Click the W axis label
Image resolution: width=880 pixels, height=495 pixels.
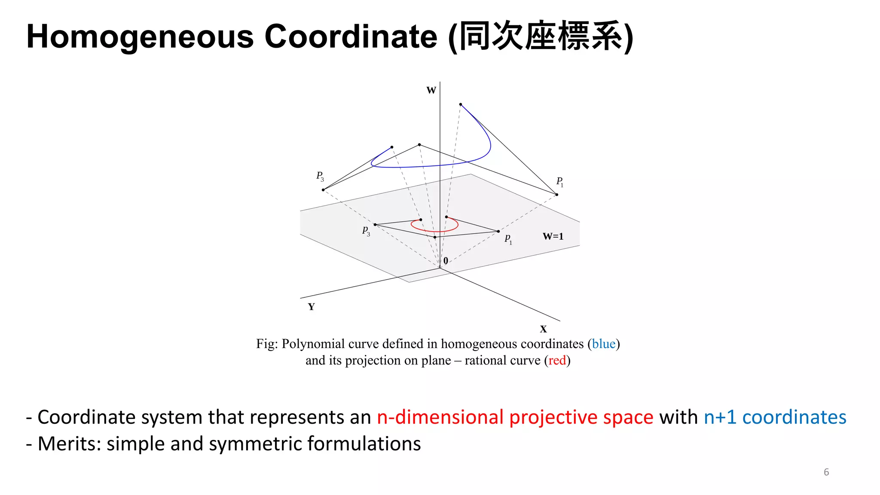pyautogui.click(x=431, y=90)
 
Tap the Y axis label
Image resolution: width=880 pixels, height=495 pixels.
pyautogui.click(x=311, y=307)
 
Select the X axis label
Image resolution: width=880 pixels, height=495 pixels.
pyautogui.click(x=543, y=329)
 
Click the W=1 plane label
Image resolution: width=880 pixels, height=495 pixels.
pyautogui.click(x=553, y=236)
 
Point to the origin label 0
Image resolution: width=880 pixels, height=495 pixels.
pyautogui.click(x=446, y=261)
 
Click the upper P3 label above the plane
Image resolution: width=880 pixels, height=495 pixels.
pyautogui.click(x=320, y=176)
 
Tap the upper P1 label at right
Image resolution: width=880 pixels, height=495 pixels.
pyautogui.click(x=559, y=182)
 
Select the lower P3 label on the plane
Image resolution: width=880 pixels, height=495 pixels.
pyautogui.click(x=366, y=231)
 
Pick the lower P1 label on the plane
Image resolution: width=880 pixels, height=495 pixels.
pyautogui.click(x=508, y=239)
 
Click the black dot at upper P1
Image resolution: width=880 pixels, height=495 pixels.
pyautogui.click(x=557, y=195)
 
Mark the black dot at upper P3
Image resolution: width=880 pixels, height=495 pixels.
pyautogui.click(x=323, y=189)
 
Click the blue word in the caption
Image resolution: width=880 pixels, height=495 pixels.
pyautogui.click(x=604, y=344)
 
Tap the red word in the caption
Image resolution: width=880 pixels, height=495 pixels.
pyautogui.click(x=557, y=360)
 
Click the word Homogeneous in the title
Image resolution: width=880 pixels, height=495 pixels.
pyautogui.click(x=140, y=37)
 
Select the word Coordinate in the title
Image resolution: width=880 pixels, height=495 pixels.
pyautogui.click(x=351, y=37)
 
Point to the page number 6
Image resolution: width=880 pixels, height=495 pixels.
pyautogui.click(x=826, y=472)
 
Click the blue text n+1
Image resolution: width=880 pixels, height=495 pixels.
pyautogui.click(x=720, y=417)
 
